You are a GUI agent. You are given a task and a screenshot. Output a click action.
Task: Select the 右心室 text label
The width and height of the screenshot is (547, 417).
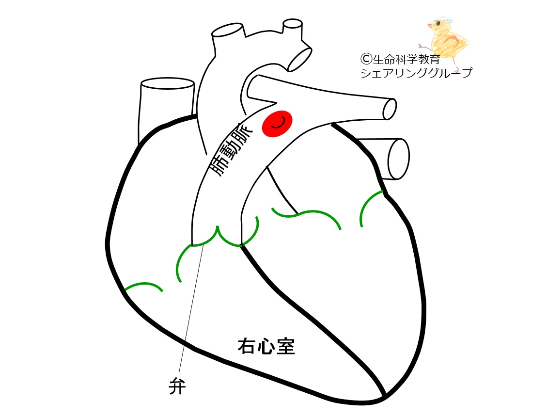pos(266,347)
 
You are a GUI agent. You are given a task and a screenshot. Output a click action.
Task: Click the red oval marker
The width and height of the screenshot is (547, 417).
pos(277,124)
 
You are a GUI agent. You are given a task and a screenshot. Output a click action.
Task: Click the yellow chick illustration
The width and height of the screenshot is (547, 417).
pos(448,39)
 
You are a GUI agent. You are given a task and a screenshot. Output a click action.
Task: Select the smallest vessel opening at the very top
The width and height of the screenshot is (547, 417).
pos(293,23)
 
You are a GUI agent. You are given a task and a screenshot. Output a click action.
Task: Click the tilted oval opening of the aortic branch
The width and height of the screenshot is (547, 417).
pos(300,58)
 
